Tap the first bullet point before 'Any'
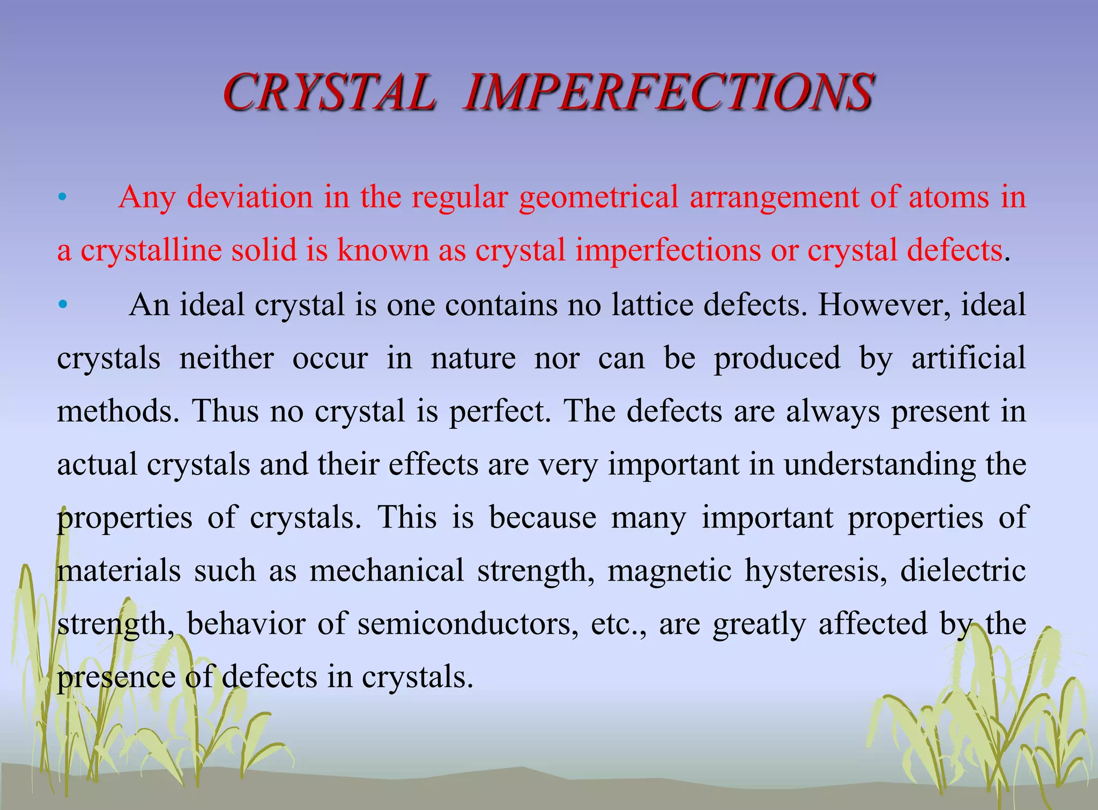click(62, 198)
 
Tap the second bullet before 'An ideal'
click(63, 305)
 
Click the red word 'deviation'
click(250, 197)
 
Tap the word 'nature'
click(473, 358)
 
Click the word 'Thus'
click(225, 411)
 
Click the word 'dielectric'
click(963, 570)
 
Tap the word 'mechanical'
click(387, 570)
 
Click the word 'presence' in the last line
click(116, 678)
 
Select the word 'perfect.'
click(500, 411)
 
